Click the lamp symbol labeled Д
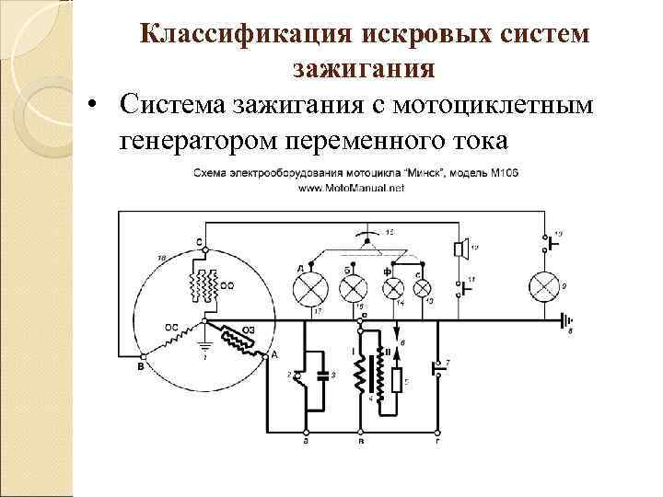[308, 291]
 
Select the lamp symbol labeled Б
[354, 291]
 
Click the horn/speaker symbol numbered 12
[459, 249]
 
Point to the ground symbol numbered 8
[563, 321]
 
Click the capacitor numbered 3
[320, 375]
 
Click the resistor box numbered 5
[397, 381]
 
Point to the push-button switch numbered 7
[436, 369]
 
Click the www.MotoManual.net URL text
[351, 187]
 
